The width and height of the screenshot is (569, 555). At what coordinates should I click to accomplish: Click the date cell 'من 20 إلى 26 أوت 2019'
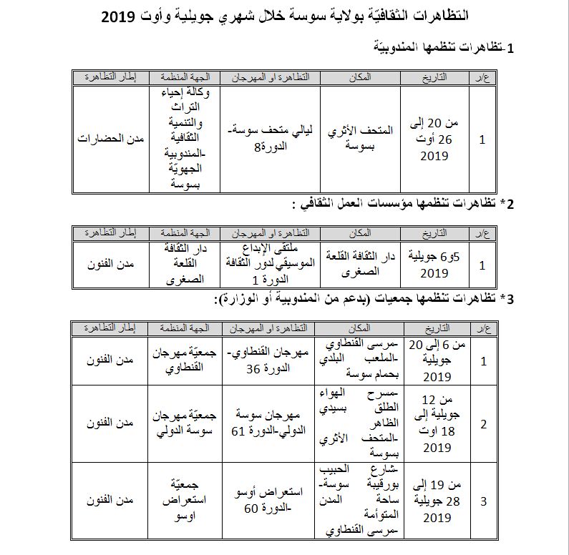pos(434,139)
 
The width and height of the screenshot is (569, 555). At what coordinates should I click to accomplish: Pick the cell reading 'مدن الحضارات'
pos(110,139)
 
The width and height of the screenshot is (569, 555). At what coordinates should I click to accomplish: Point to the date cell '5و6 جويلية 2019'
pos(434,265)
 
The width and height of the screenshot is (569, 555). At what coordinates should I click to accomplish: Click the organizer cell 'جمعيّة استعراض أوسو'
pos(184,500)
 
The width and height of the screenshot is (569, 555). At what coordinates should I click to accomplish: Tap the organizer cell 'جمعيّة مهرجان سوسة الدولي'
pos(184,423)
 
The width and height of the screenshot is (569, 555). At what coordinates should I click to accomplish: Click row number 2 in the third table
pos(484,424)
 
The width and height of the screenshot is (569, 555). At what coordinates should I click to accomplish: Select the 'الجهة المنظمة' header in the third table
pos(184,328)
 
